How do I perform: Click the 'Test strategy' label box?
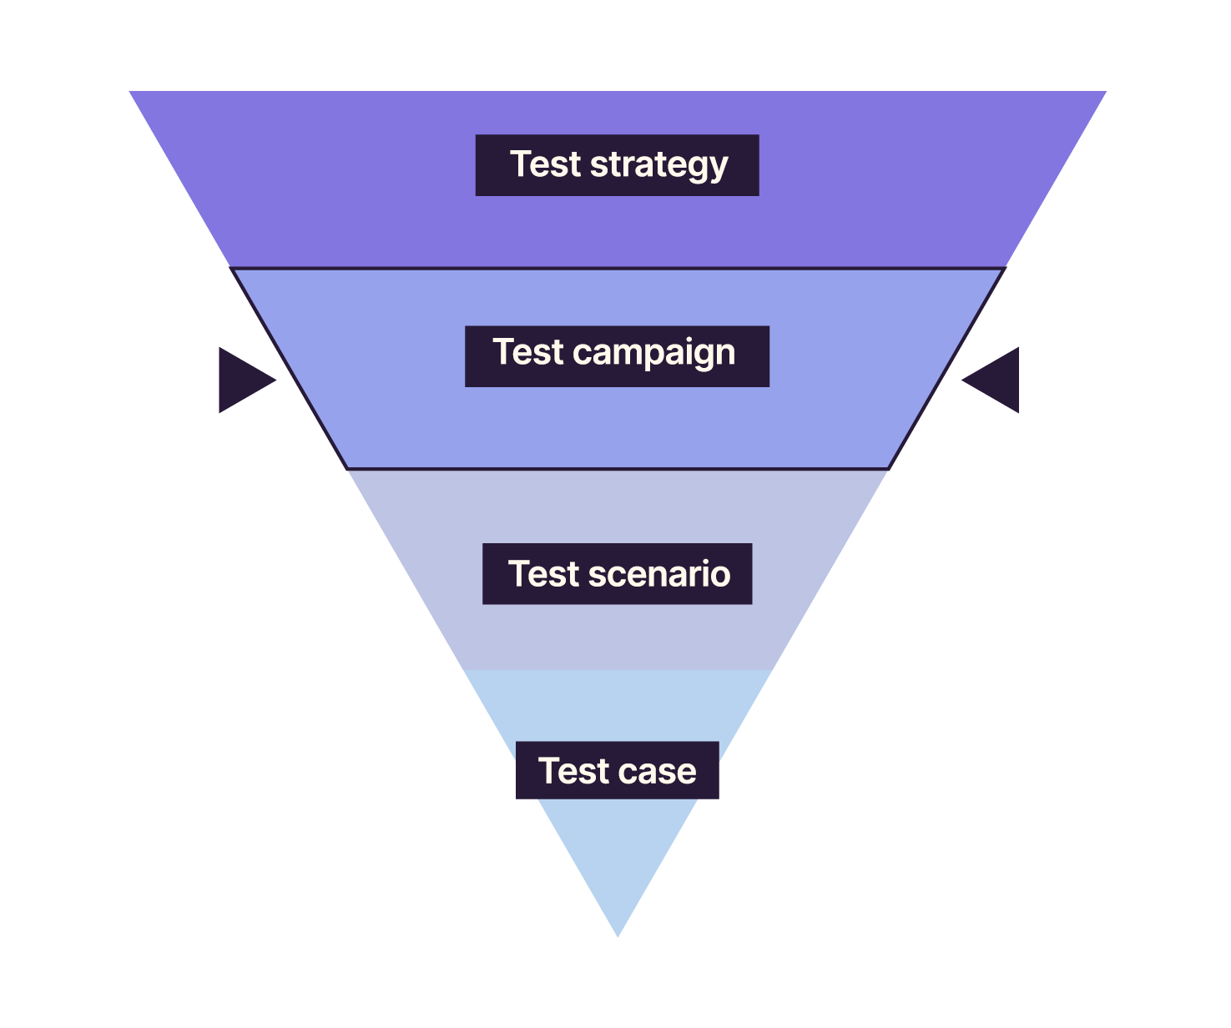coord(617,165)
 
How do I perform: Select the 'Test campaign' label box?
coord(617,356)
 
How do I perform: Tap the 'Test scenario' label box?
coord(617,574)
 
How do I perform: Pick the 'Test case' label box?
coord(617,770)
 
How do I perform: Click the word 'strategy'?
coord(659,165)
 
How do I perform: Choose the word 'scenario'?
coord(659,574)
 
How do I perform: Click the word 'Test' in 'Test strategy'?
coord(545,164)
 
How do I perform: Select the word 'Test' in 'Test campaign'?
coord(528,352)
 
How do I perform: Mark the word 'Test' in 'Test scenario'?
coord(543,574)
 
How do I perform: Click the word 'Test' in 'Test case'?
coord(573,771)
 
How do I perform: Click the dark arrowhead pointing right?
coord(242,380)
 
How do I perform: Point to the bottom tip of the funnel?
coord(618,934)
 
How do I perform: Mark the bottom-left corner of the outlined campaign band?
coord(348,468)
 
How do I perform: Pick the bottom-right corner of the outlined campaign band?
coord(888,468)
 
